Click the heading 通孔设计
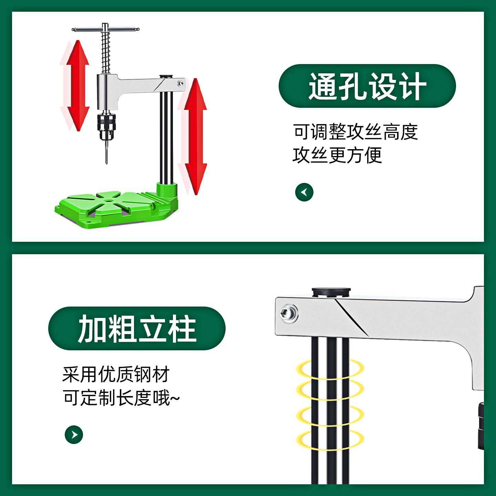pos(367,86)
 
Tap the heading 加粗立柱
pos(137,329)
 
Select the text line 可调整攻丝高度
pos(355,132)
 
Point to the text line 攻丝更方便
pos(337,155)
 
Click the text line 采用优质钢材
pos(116,374)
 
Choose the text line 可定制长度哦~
pos(121,398)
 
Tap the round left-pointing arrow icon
pos(304,192)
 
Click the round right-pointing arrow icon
pos(74,435)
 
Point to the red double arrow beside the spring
pos(78,86)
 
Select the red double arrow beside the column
pos(195,137)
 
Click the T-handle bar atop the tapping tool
pos(105,29)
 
